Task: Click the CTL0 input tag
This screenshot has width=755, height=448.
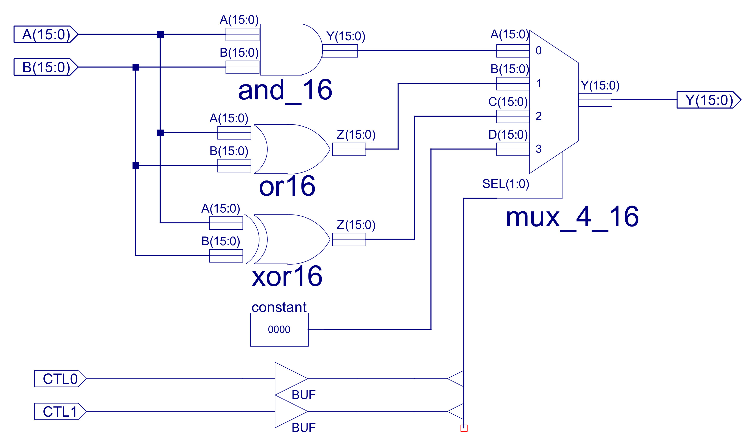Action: (x=60, y=379)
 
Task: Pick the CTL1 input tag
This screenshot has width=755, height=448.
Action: (x=60, y=412)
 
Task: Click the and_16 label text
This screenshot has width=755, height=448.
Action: (x=285, y=90)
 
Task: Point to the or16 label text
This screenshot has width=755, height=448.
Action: (x=287, y=186)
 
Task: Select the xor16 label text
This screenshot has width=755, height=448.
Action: (x=287, y=276)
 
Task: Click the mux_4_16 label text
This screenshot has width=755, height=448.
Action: (x=572, y=217)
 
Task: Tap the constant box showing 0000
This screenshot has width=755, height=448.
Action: (x=279, y=330)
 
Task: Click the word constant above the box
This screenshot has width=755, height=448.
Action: (x=279, y=307)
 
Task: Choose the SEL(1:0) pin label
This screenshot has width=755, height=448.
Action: (x=506, y=184)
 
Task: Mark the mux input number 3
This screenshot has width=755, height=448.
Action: (x=538, y=149)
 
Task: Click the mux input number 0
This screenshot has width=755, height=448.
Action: (x=538, y=50)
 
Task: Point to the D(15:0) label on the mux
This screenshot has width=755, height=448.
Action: (x=508, y=135)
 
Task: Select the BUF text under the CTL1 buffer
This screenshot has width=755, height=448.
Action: (x=303, y=428)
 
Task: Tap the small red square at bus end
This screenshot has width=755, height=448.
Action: (x=464, y=428)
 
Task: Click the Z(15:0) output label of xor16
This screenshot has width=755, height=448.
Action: (x=356, y=225)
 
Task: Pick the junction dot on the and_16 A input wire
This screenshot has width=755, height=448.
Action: (x=160, y=34)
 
